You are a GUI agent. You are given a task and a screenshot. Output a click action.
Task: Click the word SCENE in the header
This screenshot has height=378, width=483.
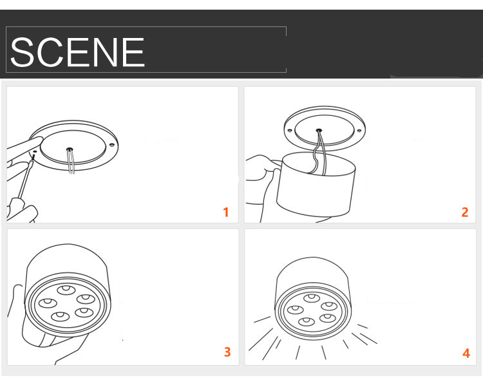(77, 52)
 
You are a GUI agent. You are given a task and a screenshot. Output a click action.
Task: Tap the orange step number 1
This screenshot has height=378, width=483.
(226, 213)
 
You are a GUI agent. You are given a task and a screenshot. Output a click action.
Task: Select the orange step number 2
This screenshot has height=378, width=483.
(465, 213)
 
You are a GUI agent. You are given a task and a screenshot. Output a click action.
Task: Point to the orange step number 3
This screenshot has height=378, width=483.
(227, 352)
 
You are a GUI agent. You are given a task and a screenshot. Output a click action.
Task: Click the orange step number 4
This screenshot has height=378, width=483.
(466, 353)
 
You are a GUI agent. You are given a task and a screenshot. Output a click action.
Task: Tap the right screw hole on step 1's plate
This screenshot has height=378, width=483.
(112, 145)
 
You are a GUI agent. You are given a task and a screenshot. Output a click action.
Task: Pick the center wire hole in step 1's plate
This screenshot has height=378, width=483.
(70, 149)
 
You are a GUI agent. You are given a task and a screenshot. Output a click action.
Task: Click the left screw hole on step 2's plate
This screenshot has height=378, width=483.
(290, 130)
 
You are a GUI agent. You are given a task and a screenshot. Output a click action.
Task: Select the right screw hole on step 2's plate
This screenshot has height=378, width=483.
(359, 131)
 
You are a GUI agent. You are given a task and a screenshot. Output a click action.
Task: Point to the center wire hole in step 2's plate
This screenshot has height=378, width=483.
(319, 130)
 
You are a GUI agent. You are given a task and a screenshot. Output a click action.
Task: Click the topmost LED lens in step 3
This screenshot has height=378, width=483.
(66, 290)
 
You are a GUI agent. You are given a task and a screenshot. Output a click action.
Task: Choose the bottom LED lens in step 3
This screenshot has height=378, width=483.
(61, 316)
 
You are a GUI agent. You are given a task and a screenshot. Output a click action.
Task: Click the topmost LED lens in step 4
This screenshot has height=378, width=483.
(312, 298)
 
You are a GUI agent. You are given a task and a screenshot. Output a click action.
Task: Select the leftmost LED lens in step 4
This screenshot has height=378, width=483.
(296, 309)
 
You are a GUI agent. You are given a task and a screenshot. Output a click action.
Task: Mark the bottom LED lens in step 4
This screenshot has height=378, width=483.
(306, 321)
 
